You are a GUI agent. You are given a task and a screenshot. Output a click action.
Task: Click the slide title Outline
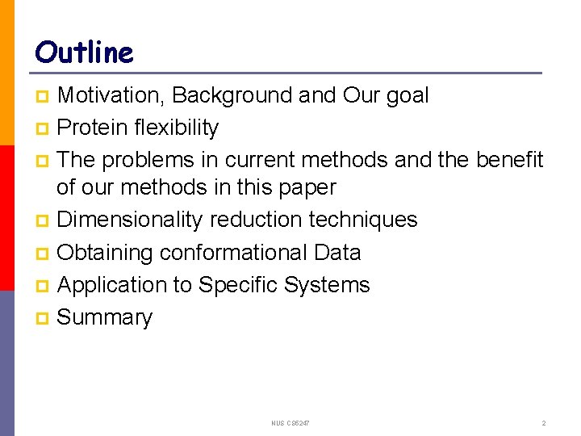tap(84, 53)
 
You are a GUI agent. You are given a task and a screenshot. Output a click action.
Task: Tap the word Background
tap(232, 95)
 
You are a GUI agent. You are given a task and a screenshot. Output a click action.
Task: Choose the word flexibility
tap(178, 128)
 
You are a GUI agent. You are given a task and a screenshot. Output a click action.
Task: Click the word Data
tap(337, 253)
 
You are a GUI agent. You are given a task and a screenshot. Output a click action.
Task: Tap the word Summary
tap(105, 318)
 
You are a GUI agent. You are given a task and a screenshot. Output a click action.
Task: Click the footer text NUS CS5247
tap(291, 423)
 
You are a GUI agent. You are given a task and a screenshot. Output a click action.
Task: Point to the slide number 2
tap(544, 423)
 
